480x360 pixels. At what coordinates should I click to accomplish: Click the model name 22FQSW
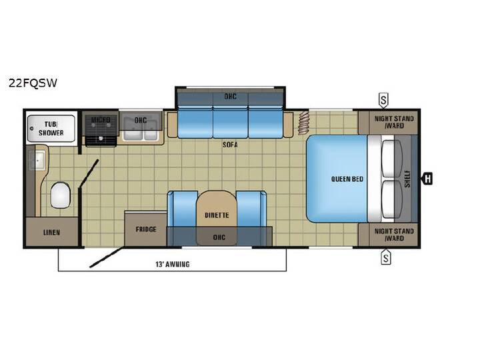coord(33,83)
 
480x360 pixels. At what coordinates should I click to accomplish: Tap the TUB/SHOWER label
coord(51,129)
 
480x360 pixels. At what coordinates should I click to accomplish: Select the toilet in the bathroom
coord(60,195)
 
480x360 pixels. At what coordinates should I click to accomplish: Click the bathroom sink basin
coord(37,160)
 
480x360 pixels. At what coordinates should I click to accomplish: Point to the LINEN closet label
coord(51,233)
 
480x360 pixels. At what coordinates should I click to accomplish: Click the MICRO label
coord(101,120)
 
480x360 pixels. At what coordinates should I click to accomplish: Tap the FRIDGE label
coord(146,229)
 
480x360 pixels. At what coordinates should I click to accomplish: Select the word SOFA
coord(230,145)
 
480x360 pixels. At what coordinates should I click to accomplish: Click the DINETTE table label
coord(217,215)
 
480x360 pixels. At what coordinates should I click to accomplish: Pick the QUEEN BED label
coord(347,179)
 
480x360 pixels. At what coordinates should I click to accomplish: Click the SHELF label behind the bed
coord(407,179)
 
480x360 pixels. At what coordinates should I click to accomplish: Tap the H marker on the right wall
coord(427,179)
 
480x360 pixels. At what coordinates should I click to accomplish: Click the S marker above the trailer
coord(383,101)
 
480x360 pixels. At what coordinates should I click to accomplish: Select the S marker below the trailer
coord(386,257)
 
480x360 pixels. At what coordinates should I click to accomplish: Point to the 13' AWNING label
coord(173,264)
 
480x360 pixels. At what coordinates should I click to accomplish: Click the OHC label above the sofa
coord(230,97)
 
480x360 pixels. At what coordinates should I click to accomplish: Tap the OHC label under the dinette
coord(219,237)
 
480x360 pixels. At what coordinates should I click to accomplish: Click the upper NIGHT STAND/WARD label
coord(394,122)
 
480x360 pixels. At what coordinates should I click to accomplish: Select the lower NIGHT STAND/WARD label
coord(394,235)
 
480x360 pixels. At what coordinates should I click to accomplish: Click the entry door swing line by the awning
coord(107,257)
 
